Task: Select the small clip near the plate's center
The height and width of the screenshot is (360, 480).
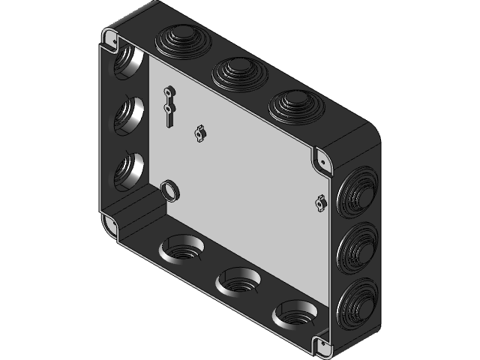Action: click(x=199, y=133)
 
